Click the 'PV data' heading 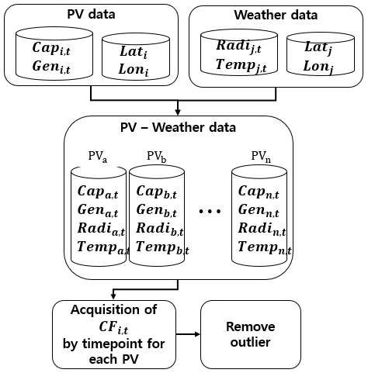[91, 14]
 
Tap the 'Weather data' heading [276, 15]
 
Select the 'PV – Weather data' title [178, 127]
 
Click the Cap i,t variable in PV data [51, 48]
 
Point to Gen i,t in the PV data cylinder [51, 67]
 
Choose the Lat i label [134, 52]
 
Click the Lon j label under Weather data [318, 67]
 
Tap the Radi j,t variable [238, 46]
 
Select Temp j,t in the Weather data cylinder [241, 65]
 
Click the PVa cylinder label [98, 157]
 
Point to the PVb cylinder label [157, 157]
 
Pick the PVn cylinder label [261, 157]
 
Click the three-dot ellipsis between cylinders [210, 211]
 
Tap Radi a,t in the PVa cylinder [101, 229]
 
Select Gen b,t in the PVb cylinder [157, 210]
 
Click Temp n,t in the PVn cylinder [265, 247]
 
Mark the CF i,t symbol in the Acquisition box [113, 328]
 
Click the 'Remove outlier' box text [251, 334]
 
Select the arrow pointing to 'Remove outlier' [188, 334]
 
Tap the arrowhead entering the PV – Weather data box [178, 112]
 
